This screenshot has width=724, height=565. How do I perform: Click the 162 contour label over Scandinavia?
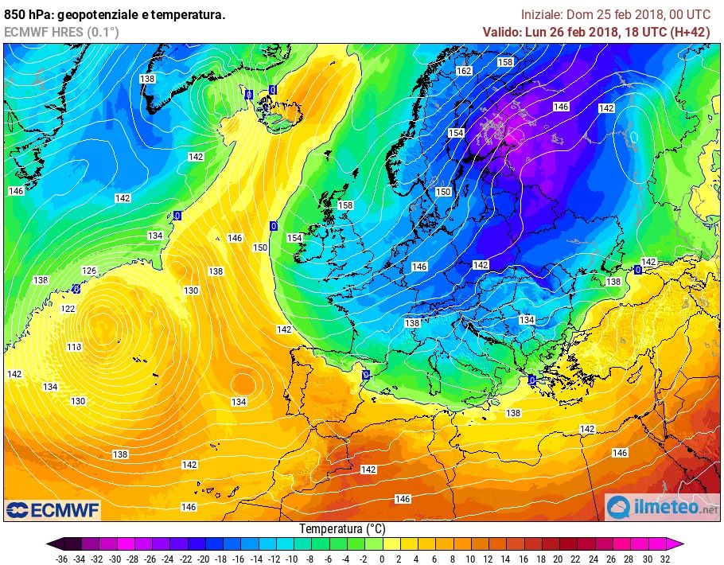click(465, 71)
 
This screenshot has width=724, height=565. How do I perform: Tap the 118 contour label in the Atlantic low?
click(75, 347)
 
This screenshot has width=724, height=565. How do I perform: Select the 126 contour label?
click(89, 271)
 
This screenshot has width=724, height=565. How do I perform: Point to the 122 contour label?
click(68, 309)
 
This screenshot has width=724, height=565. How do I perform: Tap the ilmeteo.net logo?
click(662, 507)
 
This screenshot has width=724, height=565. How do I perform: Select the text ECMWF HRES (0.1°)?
click(61, 31)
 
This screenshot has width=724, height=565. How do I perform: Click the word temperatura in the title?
click(188, 14)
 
